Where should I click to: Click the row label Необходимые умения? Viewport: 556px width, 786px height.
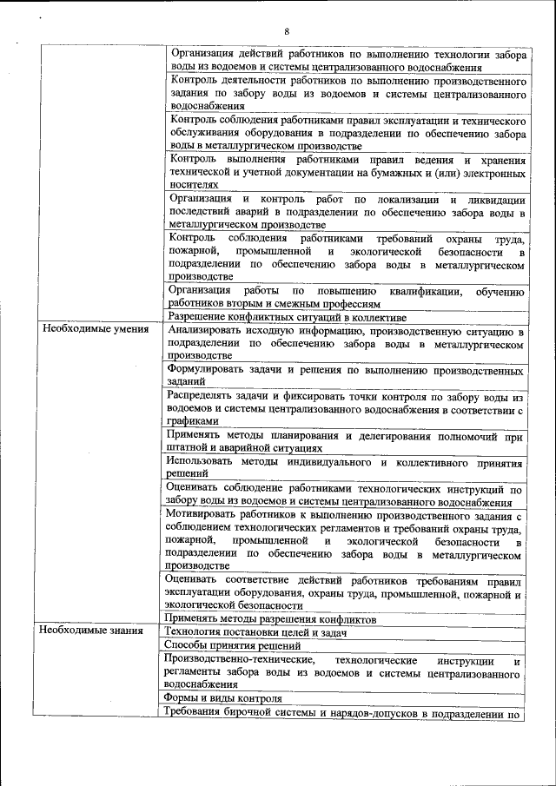pos(91,330)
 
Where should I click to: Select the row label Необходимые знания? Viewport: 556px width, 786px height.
pos(90,630)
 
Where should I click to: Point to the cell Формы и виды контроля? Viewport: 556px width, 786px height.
pos(223,698)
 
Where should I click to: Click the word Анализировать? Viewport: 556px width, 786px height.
pos(210,331)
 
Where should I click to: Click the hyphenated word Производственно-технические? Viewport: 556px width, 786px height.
pos(240,659)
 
